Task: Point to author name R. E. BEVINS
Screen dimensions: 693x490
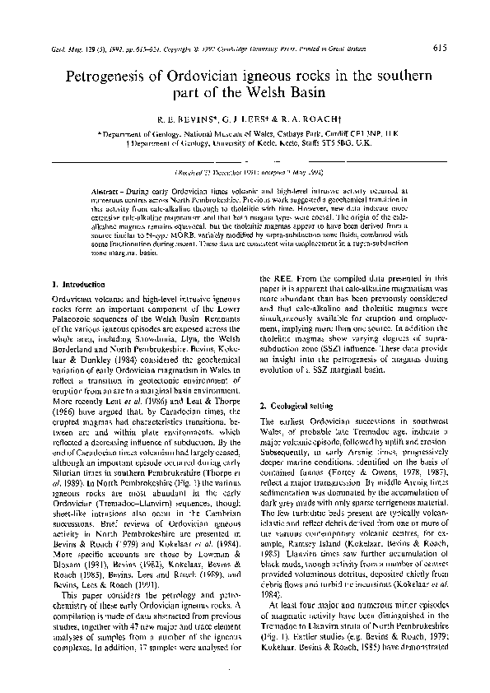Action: point(182,119)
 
